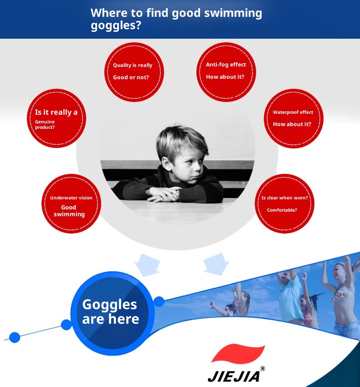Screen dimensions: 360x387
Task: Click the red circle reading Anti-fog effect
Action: tap(226, 72)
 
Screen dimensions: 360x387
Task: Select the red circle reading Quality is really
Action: tap(134, 72)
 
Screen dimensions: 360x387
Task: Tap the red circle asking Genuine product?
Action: tap(57, 118)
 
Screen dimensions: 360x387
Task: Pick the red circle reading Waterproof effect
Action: tap(293, 118)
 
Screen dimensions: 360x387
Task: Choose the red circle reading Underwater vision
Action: tap(71, 204)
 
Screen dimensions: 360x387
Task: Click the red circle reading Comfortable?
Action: tap(284, 204)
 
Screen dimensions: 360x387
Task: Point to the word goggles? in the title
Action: tap(116, 25)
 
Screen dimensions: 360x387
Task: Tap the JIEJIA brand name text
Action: tap(234, 377)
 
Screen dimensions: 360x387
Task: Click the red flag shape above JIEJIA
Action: tap(238, 353)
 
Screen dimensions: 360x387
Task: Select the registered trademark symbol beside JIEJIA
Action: tap(262, 368)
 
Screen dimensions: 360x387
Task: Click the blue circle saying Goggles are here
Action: tap(113, 313)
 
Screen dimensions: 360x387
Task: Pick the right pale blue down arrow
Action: tap(216, 264)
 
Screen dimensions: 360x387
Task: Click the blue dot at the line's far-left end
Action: tap(15, 337)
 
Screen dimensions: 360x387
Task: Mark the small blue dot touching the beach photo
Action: tap(159, 301)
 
